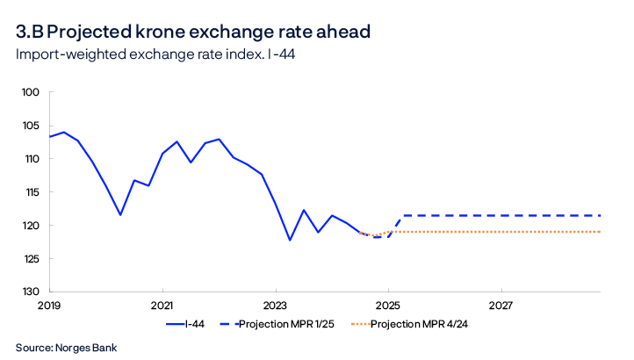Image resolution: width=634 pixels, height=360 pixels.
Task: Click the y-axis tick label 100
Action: [32, 92]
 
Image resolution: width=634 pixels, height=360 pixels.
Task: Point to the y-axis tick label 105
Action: [32, 126]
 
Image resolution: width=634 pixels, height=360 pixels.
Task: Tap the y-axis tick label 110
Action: [32, 159]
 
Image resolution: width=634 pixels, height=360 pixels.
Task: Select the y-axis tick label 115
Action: [32, 192]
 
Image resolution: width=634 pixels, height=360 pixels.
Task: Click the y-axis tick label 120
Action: [32, 226]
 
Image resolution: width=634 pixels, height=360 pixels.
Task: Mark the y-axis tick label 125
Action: [32, 258]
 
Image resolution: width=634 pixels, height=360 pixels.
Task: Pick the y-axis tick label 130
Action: [32, 292]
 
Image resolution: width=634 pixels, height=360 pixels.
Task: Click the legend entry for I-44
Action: [195, 325]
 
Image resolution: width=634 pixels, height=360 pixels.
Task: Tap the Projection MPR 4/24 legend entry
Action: [420, 325]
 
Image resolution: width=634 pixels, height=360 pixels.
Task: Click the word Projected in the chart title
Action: [93, 32]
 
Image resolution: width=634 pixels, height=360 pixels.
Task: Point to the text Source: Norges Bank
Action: [66, 348]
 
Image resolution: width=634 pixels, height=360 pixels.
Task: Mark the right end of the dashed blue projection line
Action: [601, 215]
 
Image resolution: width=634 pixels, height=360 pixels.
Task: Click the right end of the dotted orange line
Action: [601, 232]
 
